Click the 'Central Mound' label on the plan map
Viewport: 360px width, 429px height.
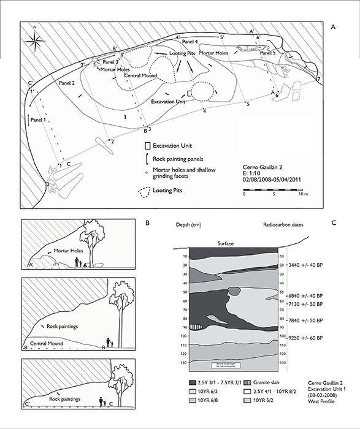pos(143,77)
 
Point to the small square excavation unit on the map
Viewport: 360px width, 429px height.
pos(190,92)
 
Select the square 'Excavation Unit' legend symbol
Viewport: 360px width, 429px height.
pos(147,146)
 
